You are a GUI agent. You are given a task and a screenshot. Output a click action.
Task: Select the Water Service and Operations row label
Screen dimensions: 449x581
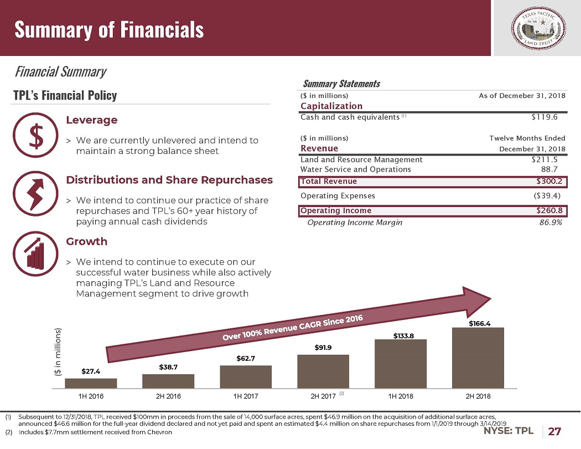click(355, 169)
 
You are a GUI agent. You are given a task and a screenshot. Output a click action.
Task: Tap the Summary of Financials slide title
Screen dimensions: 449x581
click(109, 29)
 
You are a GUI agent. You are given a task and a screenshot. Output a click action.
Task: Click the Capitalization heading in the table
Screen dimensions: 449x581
click(331, 106)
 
